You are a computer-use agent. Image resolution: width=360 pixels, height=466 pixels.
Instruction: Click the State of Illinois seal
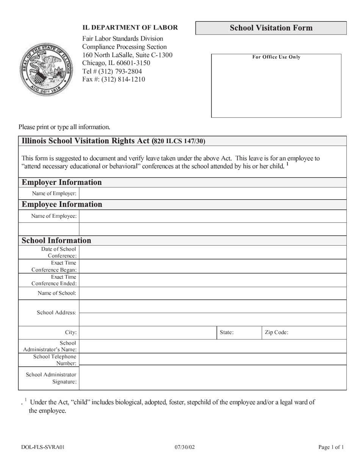pyautogui.click(x=46, y=70)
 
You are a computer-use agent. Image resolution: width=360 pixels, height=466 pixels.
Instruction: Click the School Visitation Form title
pyautogui.click(x=271, y=28)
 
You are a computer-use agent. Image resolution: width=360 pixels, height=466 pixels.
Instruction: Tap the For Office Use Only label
pyautogui.click(x=276, y=57)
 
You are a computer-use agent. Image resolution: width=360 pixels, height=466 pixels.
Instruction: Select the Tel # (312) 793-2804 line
pyautogui.click(x=112, y=71)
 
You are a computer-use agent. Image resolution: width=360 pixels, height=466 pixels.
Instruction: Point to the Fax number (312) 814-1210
pyautogui.click(x=114, y=80)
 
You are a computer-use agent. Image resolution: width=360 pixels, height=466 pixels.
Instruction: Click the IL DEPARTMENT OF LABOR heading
pyautogui.click(x=130, y=28)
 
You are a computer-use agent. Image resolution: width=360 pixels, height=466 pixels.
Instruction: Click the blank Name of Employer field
pyautogui.click(x=212, y=194)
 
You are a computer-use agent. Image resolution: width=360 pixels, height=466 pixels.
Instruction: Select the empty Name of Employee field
pyautogui.click(x=212, y=216)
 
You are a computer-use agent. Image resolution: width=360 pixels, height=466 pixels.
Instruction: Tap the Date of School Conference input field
pyautogui.click(x=212, y=252)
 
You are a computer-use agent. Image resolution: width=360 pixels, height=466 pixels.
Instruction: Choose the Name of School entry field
pyautogui.click(x=212, y=293)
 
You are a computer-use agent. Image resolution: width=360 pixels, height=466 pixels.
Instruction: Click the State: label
pyautogui.click(x=227, y=333)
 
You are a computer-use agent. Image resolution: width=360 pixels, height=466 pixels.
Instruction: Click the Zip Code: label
pyautogui.click(x=277, y=333)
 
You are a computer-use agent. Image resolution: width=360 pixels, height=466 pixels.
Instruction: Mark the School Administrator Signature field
pyautogui.click(x=212, y=378)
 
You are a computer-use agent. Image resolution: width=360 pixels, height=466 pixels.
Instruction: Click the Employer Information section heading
pyautogui.click(x=62, y=183)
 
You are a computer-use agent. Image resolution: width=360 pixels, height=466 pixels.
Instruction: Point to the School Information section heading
pyautogui.click(x=56, y=241)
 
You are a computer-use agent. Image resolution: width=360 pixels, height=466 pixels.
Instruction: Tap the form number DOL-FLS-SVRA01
pyautogui.click(x=43, y=447)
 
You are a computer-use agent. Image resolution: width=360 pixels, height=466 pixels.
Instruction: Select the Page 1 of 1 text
pyautogui.click(x=331, y=447)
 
